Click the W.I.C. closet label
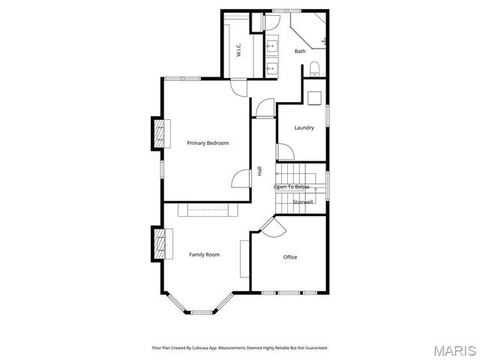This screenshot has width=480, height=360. coord(238,52)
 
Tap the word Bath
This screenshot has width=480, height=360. coord(300,51)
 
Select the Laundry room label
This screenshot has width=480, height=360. coord(304,127)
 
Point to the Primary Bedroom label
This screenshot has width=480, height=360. coord(208,143)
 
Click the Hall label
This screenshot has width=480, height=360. coord(260,171)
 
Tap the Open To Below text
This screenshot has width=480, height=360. coord(291,187)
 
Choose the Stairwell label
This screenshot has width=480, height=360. coord(303,202)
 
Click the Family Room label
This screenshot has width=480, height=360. coord(204,255)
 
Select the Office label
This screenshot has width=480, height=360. coord(290,257)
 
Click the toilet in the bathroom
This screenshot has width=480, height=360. coord(314,70)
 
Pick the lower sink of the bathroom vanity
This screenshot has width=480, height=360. coord(271,67)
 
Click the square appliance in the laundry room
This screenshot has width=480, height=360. coord(314,97)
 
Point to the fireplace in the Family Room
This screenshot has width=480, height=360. coord(159,244)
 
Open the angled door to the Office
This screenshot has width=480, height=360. coord(268,227)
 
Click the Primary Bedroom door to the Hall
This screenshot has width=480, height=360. coord(241,180)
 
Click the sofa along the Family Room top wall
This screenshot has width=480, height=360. coord(208,210)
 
